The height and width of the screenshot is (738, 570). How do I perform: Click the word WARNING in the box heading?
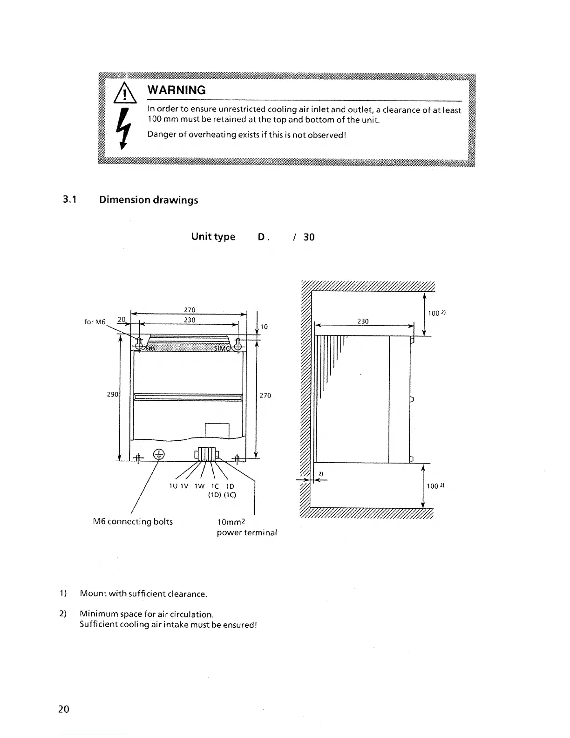pyautogui.click(x=176, y=90)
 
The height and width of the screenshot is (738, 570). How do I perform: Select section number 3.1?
pyautogui.click(x=70, y=200)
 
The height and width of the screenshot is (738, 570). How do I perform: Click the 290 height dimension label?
pyautogui.click(x=112, y=395)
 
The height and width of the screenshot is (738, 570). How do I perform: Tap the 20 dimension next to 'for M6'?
pyautogui.click(x=122, y=319)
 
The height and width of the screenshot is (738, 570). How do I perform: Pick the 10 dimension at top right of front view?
pyautogui.click(x=264, y=327)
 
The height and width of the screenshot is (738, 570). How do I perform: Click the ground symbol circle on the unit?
pyautogui.click(x=159, y=455)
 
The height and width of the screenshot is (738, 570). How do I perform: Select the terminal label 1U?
pyautogui.click(x=173, y=486)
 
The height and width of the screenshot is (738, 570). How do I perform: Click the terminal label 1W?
pyautogui.click(x=199, y=486)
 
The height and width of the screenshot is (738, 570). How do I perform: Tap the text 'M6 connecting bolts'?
pyautogui.click(x=133, y=522)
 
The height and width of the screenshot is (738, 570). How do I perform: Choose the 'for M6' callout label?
pyautogui.click(x=95, y=322)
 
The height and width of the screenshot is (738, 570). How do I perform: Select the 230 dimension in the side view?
pyautogui.click(x=363, y=321)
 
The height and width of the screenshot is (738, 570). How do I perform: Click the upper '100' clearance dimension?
pyautogui.click(x=434, y=313)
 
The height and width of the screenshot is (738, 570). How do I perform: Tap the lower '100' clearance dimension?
pyautogui.click(x=433, y=486)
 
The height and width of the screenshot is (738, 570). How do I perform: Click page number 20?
pyautogui.click(x=64, y=709)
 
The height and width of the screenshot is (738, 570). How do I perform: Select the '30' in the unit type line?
pyautogui.click(x=309, y=237)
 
